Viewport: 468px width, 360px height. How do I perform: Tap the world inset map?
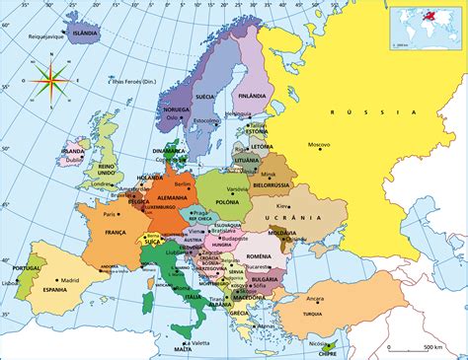coord(426,27)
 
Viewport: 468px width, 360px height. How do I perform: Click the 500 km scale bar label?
coord(430,347)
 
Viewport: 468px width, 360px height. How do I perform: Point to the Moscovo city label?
coord(319,145)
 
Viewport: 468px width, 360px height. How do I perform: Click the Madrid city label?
coord(69,280)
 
